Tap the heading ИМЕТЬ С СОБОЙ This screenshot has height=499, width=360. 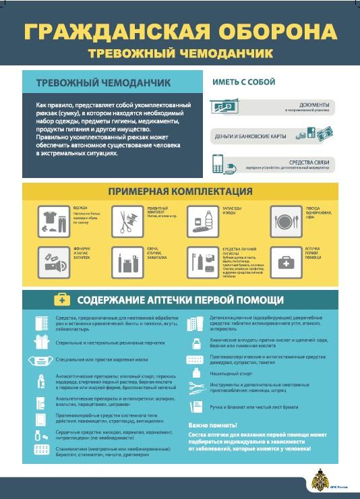click(x=244, y=82)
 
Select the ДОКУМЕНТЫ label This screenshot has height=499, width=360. click(x=314, y=105)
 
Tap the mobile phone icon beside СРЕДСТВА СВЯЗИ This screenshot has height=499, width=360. click(x=218, y=163)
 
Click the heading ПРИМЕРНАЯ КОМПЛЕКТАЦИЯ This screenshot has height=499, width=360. click(x=181, y=192)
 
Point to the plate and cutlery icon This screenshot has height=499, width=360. click(x=286, y=220)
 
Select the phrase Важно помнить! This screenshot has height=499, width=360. click(x=212, y=425)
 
